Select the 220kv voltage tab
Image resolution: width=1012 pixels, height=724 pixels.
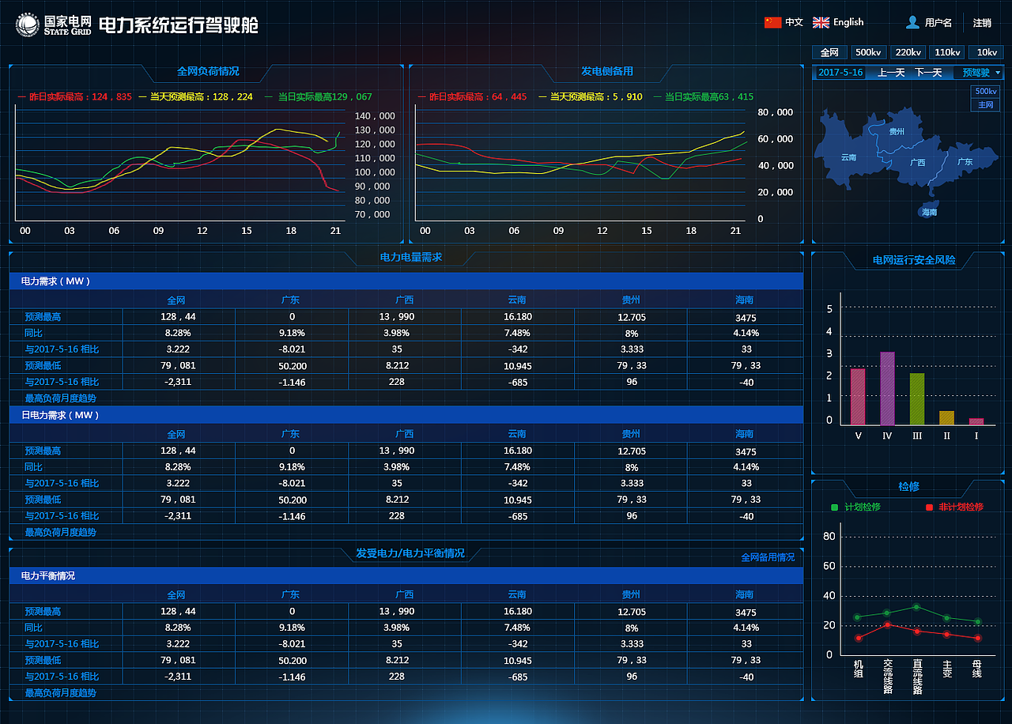click(908, 52)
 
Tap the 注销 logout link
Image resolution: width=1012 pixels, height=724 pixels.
click(982, 23)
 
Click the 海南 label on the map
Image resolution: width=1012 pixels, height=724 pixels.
click(929, 212)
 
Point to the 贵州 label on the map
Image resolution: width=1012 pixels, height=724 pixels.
click(897, 131)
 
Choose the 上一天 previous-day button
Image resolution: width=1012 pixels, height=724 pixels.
click(891, 73)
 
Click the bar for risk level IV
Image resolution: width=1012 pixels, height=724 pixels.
click(887, 388)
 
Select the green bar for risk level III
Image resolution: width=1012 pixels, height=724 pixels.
click(916, 399)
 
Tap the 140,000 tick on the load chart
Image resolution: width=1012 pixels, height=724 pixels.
click(375, 116)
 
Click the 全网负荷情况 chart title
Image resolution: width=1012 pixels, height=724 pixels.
click(208, 71)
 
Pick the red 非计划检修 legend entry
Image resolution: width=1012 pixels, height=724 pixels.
click(954, 507)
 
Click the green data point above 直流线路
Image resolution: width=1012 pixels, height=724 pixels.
click(916, 607)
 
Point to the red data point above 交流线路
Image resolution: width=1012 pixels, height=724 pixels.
click(887, 624)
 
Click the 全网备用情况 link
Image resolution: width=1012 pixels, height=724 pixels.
click(768, 557)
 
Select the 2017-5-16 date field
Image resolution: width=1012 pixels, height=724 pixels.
click(840, 73)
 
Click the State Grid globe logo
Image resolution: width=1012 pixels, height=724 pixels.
click(27, 25)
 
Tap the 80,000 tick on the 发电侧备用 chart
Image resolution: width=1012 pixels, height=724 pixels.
click(776, 112)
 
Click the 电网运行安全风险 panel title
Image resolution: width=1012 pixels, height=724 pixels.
click(914, 260)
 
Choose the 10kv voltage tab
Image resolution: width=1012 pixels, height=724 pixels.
click(987, 52)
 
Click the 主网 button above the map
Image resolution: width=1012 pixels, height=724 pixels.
click(986, 105)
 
